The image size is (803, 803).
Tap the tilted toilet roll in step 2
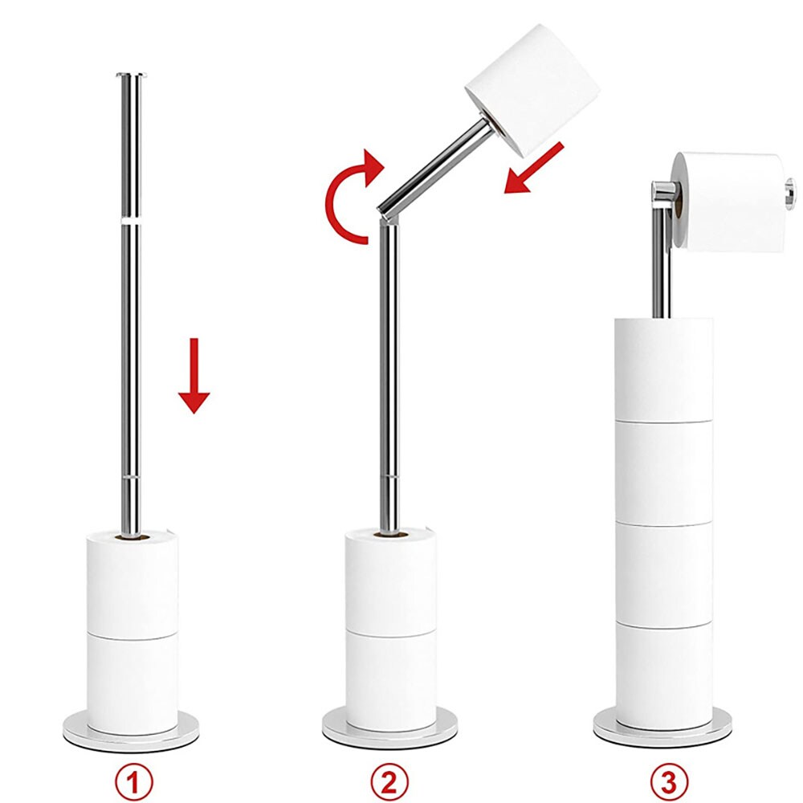click(532, 90)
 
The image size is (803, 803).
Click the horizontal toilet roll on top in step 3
click(730, 202)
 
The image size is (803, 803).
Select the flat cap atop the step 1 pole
click(132, 75)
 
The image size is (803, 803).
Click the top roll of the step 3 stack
click(664, 369)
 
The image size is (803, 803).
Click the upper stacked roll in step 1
click(132, 584)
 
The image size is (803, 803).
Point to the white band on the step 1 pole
click(132, 222)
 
